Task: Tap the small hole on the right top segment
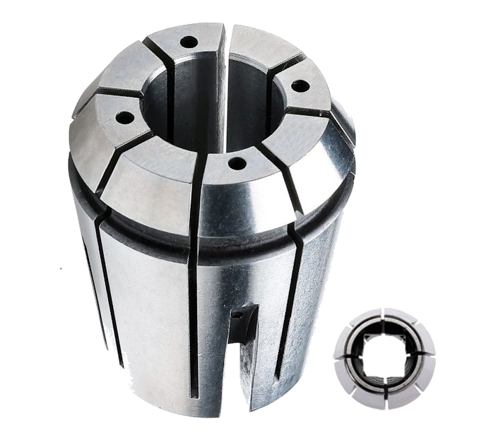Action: pos(300,86)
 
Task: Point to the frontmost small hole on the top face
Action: pos(237,164)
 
